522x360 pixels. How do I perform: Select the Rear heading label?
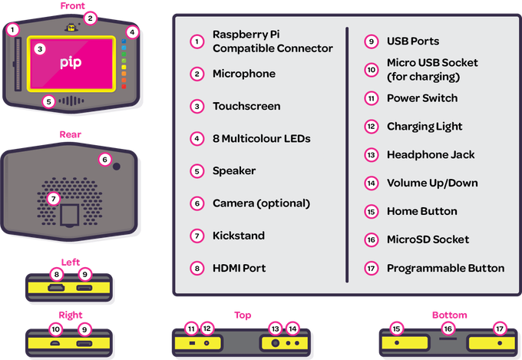tap(71, 134)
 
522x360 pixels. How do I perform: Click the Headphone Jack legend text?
tap(431, 154)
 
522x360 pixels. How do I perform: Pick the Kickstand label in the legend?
tap(240, 236)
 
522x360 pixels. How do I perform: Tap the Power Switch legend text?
tap(422, 98)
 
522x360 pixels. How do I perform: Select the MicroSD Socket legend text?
tap(428, 239)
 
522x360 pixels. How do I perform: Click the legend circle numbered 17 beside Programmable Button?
tap(372, 268)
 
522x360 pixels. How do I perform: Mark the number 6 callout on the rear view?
tap(104, 160)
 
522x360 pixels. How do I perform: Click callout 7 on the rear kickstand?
tap(53, 199)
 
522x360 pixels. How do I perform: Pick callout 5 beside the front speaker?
tap(48, 101)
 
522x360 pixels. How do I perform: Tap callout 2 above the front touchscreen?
tap(91, 17)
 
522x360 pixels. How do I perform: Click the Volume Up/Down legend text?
tap(431, 183)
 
